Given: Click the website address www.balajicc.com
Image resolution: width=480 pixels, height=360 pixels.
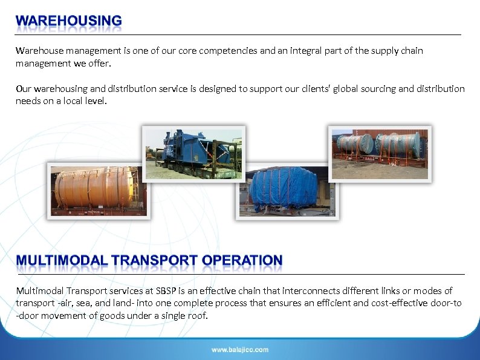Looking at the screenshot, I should tap(240, 350).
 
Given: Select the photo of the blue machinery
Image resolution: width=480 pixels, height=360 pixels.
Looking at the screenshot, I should tap(193, 152).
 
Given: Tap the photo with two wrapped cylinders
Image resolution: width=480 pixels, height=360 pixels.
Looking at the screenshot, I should tap(380, 152).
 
